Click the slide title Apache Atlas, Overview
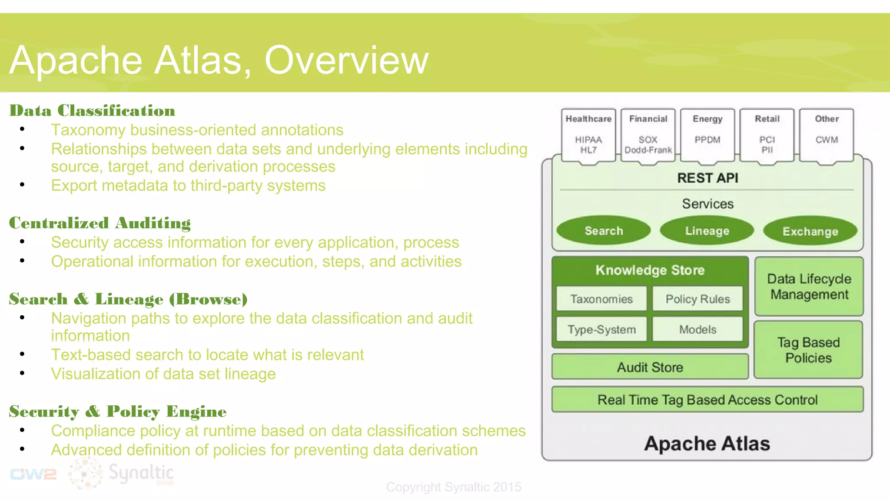point(219,60)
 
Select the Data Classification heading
point(92,111)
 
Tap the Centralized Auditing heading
point(100,223)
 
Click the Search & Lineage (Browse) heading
point(128,299)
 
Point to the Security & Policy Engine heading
point(118,411)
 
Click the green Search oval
point(604,231)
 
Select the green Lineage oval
point(707,231)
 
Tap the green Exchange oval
point(810,231)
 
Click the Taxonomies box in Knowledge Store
point(601,299)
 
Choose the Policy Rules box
point(697,299)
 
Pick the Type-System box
point(601,330)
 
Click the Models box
point(697,330)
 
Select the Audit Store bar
point(650,367)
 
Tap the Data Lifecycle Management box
point(809,287)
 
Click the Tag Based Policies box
point(808,350)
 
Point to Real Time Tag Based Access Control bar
point(707,400)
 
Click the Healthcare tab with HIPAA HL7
point(588,135)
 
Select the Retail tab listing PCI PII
point(767,135)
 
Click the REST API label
point(707,178)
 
